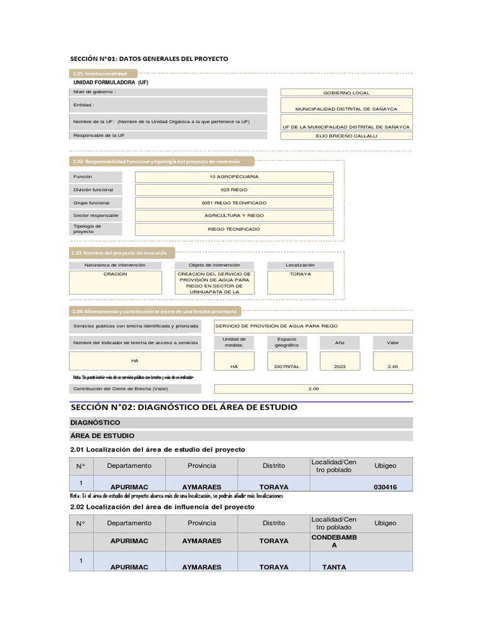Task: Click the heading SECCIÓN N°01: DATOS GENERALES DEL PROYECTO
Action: click(149, 58)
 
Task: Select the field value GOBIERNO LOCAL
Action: click(346, 92)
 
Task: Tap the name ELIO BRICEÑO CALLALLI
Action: click(346, 135)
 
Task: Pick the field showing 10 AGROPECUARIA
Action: click(234, 176)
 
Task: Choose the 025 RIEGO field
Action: click(234, 190)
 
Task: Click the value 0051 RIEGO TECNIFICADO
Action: click(234, 203)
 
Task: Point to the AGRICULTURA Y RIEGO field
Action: click(234, 215)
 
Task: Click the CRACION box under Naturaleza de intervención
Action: click(115, 282)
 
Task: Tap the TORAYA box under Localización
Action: click(300, 282)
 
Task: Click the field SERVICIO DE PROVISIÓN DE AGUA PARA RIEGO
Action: click(313, 327)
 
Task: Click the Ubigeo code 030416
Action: click(385, 486)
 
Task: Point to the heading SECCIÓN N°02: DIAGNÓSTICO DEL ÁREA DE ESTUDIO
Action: click(185, 408)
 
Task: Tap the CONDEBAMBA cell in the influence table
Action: click(334, 541)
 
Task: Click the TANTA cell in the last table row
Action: click(334, 566)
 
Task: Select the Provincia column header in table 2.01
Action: click(201, 466)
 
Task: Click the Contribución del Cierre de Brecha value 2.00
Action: click(313, 389)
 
